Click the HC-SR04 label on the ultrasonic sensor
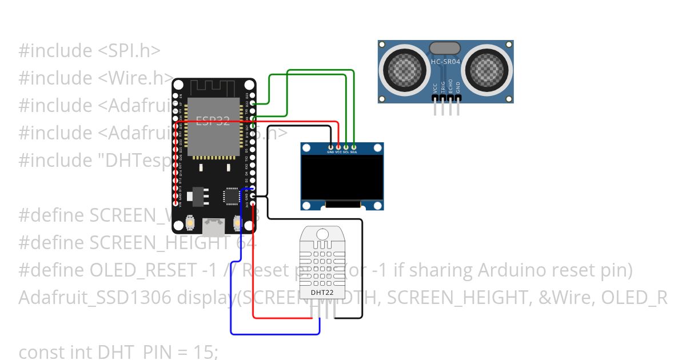pyautogui.click(x=445, y=61)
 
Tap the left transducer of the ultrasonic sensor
pyautogui.click(x=405, y=70)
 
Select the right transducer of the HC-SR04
pyautogui.click(x=486, y=70)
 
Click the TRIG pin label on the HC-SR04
pyautogui.click(x=442, y=87)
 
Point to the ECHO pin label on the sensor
pyautogui.click(x=450, y=87)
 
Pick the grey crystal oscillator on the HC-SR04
pyautogui.click(x=445, y=47)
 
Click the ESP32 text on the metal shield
pyautogui.click(x=213, y=121)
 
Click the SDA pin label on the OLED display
pyautogui.click(x=354, y=152)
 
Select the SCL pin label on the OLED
pyautogui.click(x=346, y=152)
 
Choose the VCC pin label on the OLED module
pyautogui.click(x=338, y=152)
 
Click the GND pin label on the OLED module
pyautogui.click(x=330, y=152)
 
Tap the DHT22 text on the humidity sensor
pyautogui.click(x=322, y=293)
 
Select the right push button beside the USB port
pyautogui.click(x=237, y=221)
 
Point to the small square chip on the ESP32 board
pyautogui.click(x=232, y=196)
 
